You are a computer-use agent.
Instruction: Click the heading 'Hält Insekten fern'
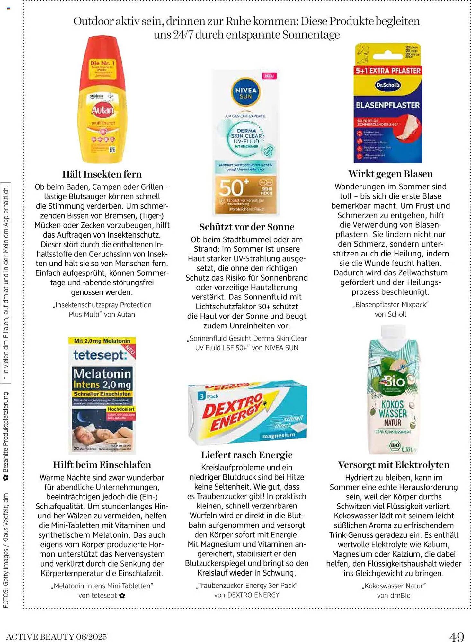tap(102, 174)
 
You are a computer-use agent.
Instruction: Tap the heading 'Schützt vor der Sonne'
tap(246, 227)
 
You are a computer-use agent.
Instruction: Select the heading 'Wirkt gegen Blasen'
tap(390, 174)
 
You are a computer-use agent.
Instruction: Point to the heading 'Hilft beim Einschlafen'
tap(102, 465)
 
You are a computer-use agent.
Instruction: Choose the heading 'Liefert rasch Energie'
tap(246, 455)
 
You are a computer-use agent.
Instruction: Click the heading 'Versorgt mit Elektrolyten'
tap(394, 465)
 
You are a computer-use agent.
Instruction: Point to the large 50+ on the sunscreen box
tap(234, 188)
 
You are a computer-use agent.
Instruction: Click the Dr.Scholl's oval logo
tap(388, 85)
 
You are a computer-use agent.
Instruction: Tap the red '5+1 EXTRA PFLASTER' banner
tap(388, 71)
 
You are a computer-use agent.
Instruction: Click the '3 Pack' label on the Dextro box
tap(209, 396)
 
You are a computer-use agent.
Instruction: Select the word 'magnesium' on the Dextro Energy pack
tap(278, 436)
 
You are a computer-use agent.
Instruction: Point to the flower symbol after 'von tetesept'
tap(122, 596)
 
